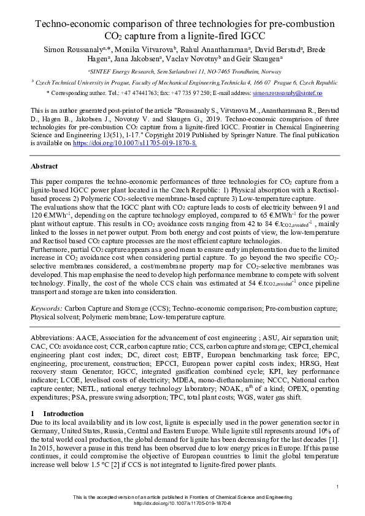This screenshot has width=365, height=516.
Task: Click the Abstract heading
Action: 44,166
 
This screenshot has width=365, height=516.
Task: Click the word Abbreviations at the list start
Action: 51,338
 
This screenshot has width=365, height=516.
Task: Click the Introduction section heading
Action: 64,414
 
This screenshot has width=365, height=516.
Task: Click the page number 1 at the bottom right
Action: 337,487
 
